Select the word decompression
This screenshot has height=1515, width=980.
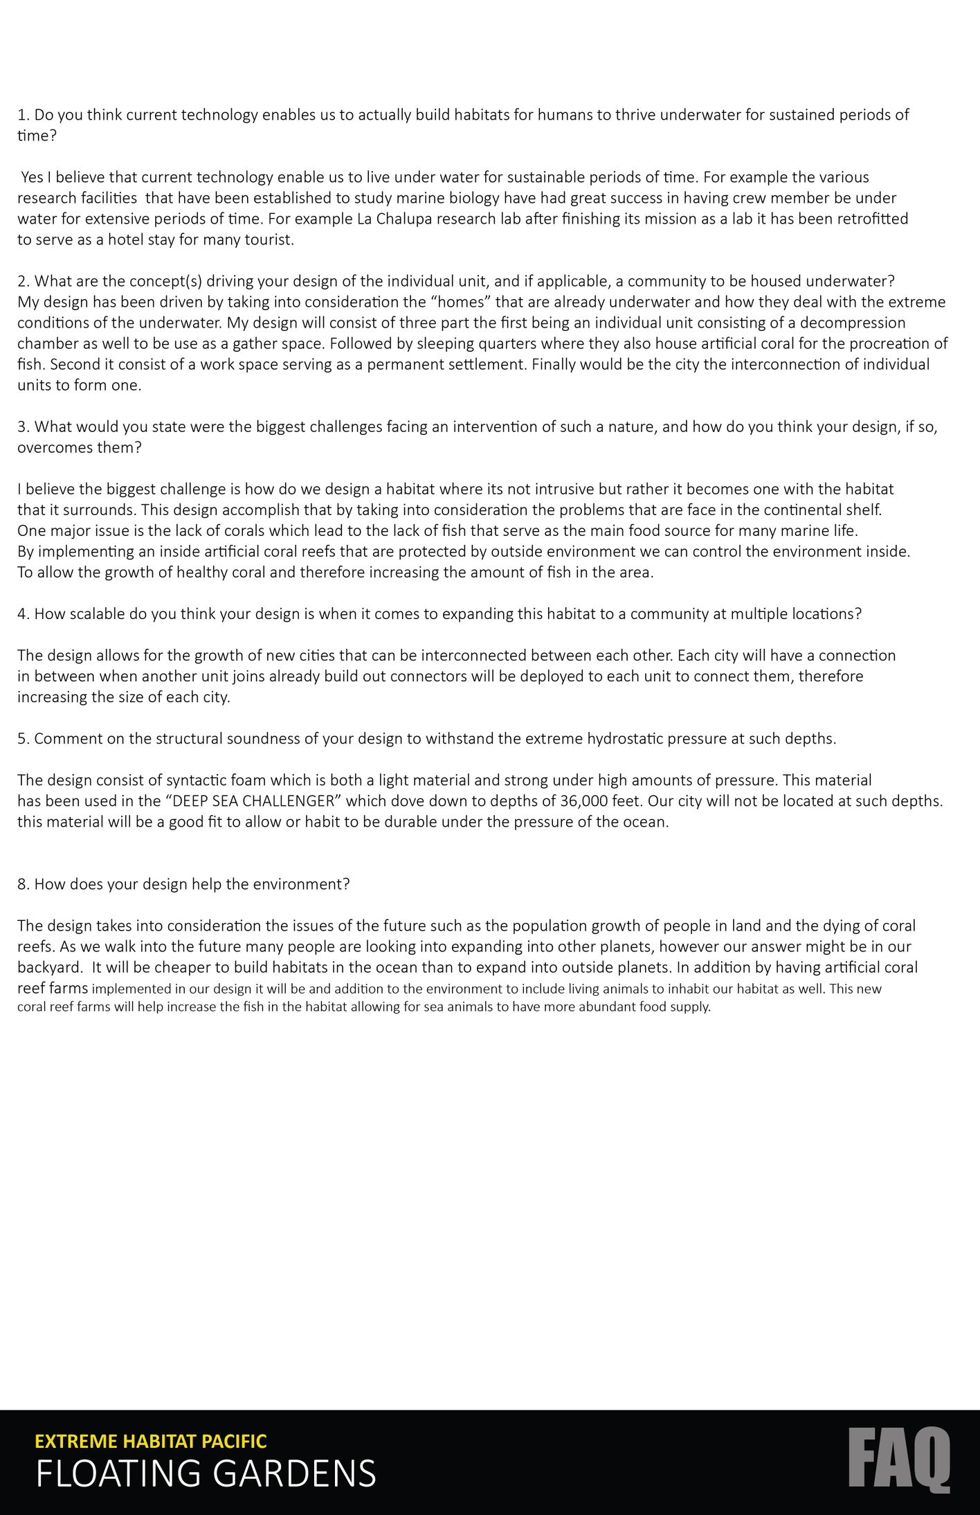pos(853,323)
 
